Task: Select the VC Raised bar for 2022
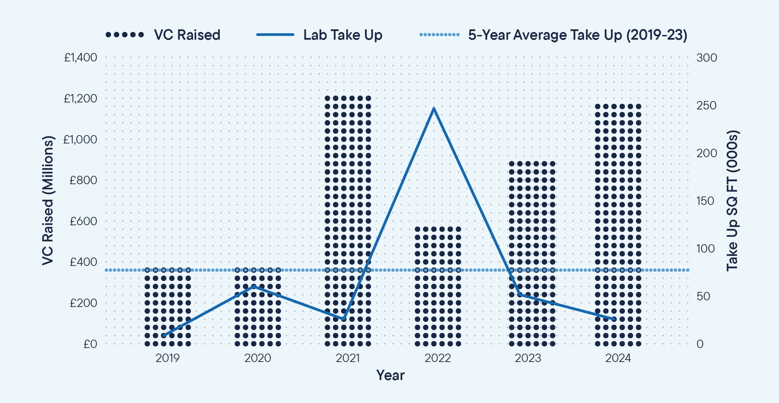click(x=438, y=286)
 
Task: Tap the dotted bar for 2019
click(x=168, y=307)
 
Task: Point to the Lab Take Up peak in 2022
click(x=434, y=108)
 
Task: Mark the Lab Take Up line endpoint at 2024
click(x=614, y=319)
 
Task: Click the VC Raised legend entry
click(x=163, y=35)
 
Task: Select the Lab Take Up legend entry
click(x=319, y=35)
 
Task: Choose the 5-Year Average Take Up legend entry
click(x=553, y=35)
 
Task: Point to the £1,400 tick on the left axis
click(x=80, y=58)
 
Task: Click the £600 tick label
click(x=83, y=221)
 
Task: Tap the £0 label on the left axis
click(x=90, y=344)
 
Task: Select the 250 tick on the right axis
click(x=706, y=105)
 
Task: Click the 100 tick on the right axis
click(x=706, y=249)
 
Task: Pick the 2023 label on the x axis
click(x=528, y=358)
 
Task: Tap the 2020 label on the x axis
click(x=258, y=358)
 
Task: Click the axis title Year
click(x=390, y=375)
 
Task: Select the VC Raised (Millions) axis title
click(x=48, y=201)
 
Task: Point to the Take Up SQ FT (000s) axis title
click(x=732, y=201)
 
